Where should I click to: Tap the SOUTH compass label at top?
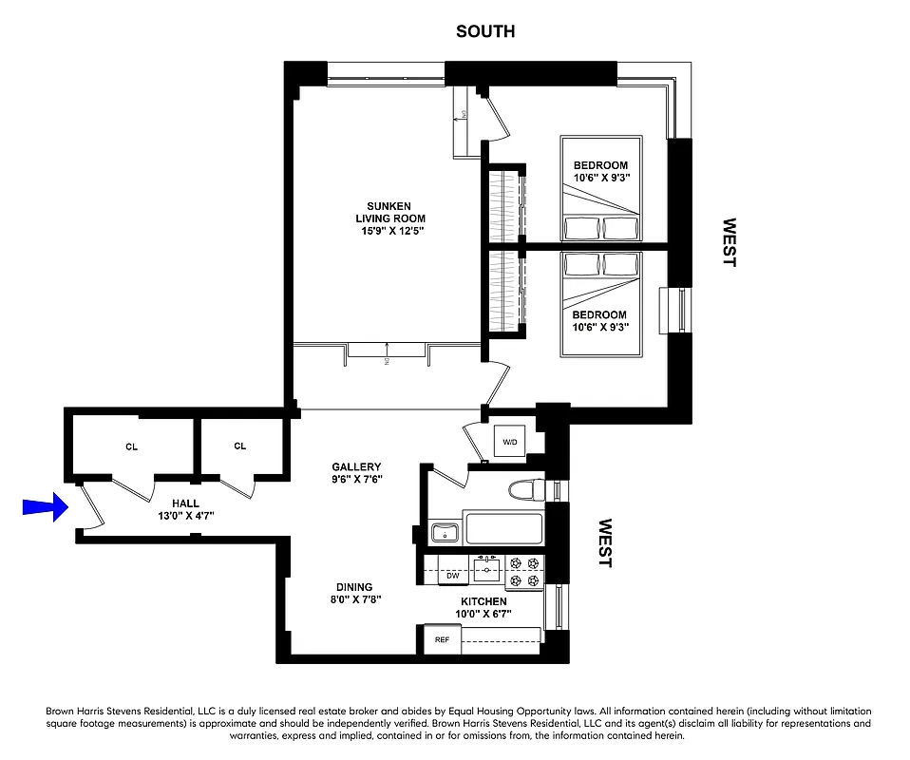[484, 31]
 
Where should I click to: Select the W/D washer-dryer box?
[510, 441]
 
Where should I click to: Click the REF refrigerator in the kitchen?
[442, 639]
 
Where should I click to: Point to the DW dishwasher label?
[452, 575]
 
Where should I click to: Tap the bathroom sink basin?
[444, 532]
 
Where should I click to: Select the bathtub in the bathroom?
[502, 527]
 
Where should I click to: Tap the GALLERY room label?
[356, 466]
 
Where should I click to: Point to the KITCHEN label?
[483, 601]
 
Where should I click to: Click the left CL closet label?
[131, 446]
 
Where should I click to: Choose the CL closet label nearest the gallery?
[239, 446]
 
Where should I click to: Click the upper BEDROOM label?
[600, 165]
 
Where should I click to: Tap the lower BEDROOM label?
[599, 314]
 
